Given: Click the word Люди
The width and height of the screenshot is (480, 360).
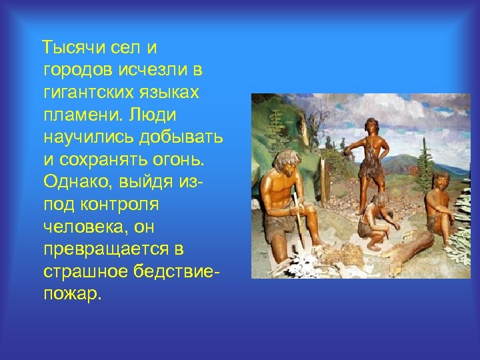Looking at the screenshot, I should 153,115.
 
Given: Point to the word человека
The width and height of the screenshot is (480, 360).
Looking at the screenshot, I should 81,227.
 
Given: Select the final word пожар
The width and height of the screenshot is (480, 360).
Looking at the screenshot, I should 72,295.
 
